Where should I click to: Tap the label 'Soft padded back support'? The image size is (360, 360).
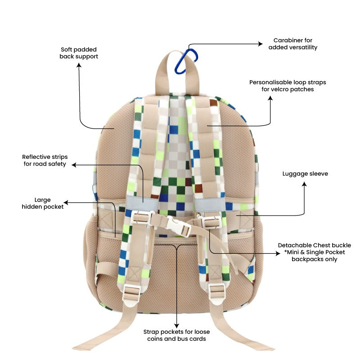(x=79, y=53)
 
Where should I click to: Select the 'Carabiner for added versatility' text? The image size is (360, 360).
(x=293, y=44)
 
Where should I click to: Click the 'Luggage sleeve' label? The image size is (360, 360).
(x=305, y=174)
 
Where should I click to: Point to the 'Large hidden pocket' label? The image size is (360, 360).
(x=42, y=203)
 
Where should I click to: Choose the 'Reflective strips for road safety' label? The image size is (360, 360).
(x=45, y=160)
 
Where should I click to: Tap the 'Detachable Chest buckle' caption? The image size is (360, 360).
(x=314, y=245)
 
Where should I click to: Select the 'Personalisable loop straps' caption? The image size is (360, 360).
(x=288, y=82)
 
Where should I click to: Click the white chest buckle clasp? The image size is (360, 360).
(x=178, y=226)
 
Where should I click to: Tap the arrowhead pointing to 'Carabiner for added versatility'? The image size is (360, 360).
(x=261, y=44)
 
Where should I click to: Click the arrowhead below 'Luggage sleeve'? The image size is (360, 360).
(x=304, y=184)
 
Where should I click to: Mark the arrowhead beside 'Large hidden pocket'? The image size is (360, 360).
(x=66, y=202)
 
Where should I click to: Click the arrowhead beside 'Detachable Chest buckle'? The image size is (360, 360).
(x=278, y=253)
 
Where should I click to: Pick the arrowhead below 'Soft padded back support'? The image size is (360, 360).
(x=79, y=65)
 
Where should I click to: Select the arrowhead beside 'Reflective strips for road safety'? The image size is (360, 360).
(x=74, y=165)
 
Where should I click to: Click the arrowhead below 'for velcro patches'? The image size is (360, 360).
(x=270, y=98)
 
